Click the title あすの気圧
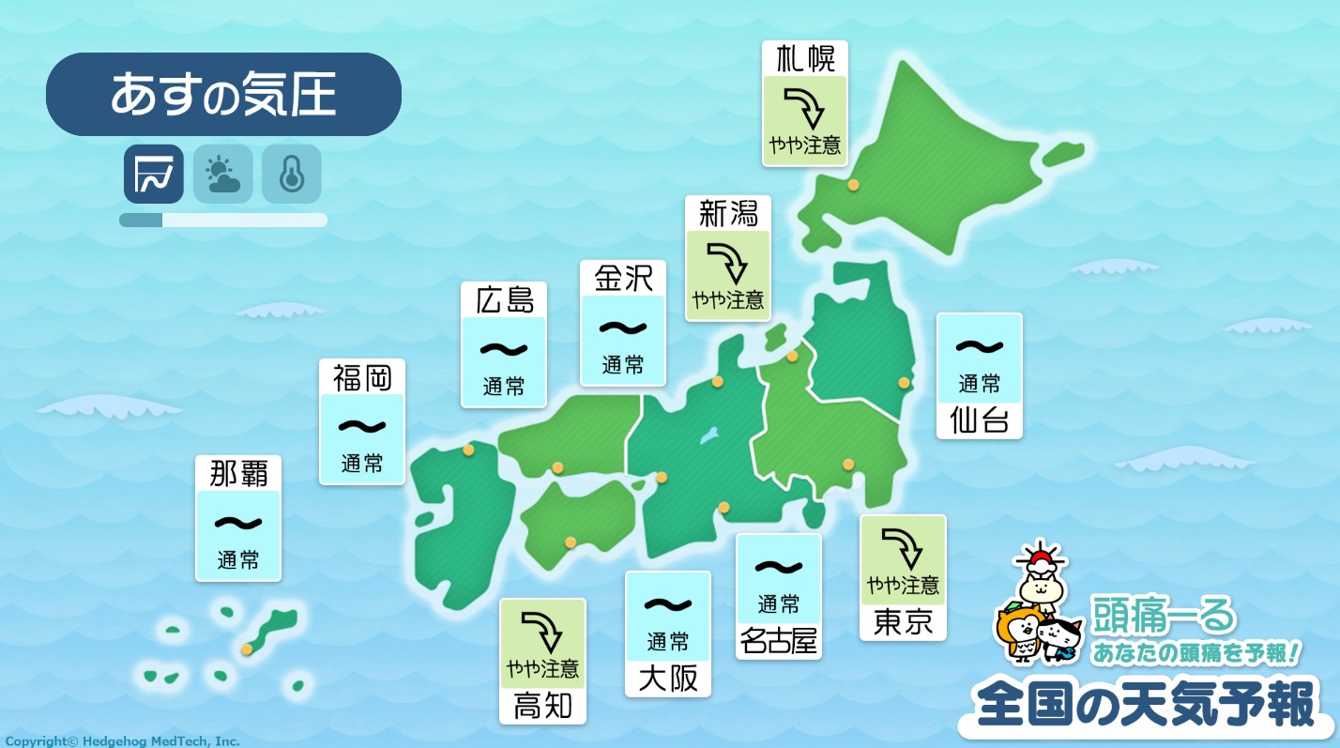(x=223, y=95)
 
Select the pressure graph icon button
(x=153, y=174)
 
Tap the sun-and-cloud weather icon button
(x=223, y=174)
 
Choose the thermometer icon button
(x=292, y=174)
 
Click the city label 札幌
(x=805, y=59)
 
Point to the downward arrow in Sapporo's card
(x=804, y=107)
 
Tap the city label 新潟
(x=728, y=213)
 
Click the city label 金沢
(x=623, y=278)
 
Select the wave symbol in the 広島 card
(x=504, y=349)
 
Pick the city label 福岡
(x=362, y=377)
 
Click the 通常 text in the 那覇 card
(x=238, y=560)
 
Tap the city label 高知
(x=542, y=706)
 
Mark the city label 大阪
(x=668, y=679)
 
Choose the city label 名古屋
(x=779, y=641)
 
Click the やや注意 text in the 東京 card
(x=903, y=586)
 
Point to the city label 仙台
(x=980, y=420)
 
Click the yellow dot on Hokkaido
(x=853, y=185)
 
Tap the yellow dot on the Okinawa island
(x=247, y=649)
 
